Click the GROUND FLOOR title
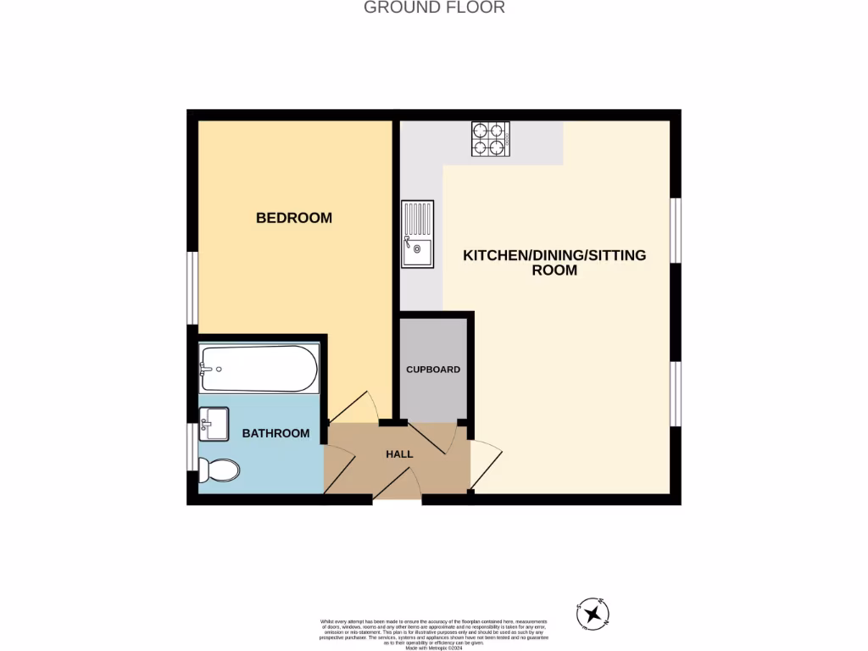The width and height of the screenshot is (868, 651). coord(434,8)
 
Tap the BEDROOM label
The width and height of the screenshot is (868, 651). coord(294,218)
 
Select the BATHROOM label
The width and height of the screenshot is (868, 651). coord(275,433)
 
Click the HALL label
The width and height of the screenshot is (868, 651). coord(399,454)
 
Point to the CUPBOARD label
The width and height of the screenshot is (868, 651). coord(433,370)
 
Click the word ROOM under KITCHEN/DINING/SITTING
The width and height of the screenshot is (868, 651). coord(554,270)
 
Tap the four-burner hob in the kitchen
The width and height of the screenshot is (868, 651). coord(489,139)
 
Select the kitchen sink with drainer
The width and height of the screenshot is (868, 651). coord(418,234)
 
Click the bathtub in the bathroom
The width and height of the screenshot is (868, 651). coord(259,369)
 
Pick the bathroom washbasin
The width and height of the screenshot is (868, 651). coord(214,423)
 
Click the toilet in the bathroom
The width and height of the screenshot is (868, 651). coord(219,470)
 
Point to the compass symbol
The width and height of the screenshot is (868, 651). coord(593,613)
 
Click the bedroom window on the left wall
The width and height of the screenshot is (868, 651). coord(192,288)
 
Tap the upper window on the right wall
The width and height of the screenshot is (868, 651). coord(676,231)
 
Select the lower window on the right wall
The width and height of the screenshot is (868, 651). coord(676,393)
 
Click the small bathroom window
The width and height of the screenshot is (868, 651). coord(192,446)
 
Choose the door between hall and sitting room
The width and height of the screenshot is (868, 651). coord(486,464)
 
